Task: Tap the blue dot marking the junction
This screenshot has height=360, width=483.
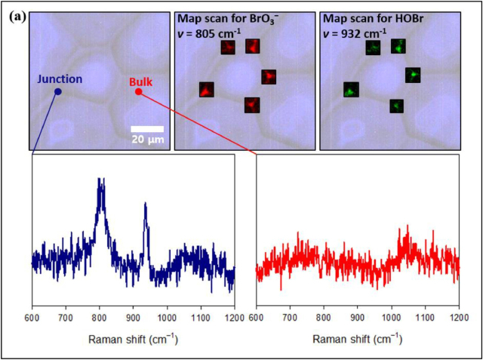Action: (x=57, y=91)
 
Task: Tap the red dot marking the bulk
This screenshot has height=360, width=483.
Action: (x=138, y=92)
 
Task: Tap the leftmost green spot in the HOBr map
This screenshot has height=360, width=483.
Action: (x=350, y=90)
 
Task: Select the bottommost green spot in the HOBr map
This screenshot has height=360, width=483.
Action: (x=395, y=106)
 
